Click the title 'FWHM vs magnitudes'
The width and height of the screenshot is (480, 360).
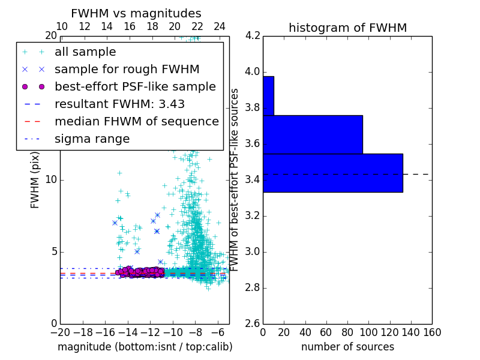[136, 14]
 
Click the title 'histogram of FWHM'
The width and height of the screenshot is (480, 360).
[347, 28]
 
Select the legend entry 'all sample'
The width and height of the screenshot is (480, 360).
[85, 52]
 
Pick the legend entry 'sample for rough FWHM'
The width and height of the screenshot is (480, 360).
[127, 69]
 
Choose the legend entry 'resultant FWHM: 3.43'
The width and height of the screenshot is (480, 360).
[119, 104]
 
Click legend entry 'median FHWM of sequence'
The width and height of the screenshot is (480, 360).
[136, 121]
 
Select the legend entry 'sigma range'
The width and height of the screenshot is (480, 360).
[92, 139]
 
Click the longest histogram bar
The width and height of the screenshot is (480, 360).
[332, 173]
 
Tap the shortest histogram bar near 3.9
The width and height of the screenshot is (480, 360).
[268, 95]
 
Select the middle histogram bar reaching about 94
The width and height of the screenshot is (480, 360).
[313, 134]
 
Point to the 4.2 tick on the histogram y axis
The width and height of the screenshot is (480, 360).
[252, 36]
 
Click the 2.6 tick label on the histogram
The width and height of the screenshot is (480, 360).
[252, 323]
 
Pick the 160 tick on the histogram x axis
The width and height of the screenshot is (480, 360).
[432, 332]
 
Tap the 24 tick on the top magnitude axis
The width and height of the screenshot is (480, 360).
[220, 26]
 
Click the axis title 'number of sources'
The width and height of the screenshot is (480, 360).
[347, 347]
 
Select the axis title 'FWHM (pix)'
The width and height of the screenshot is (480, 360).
[35, 180]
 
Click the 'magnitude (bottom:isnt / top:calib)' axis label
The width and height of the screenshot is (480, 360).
[145, 347]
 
